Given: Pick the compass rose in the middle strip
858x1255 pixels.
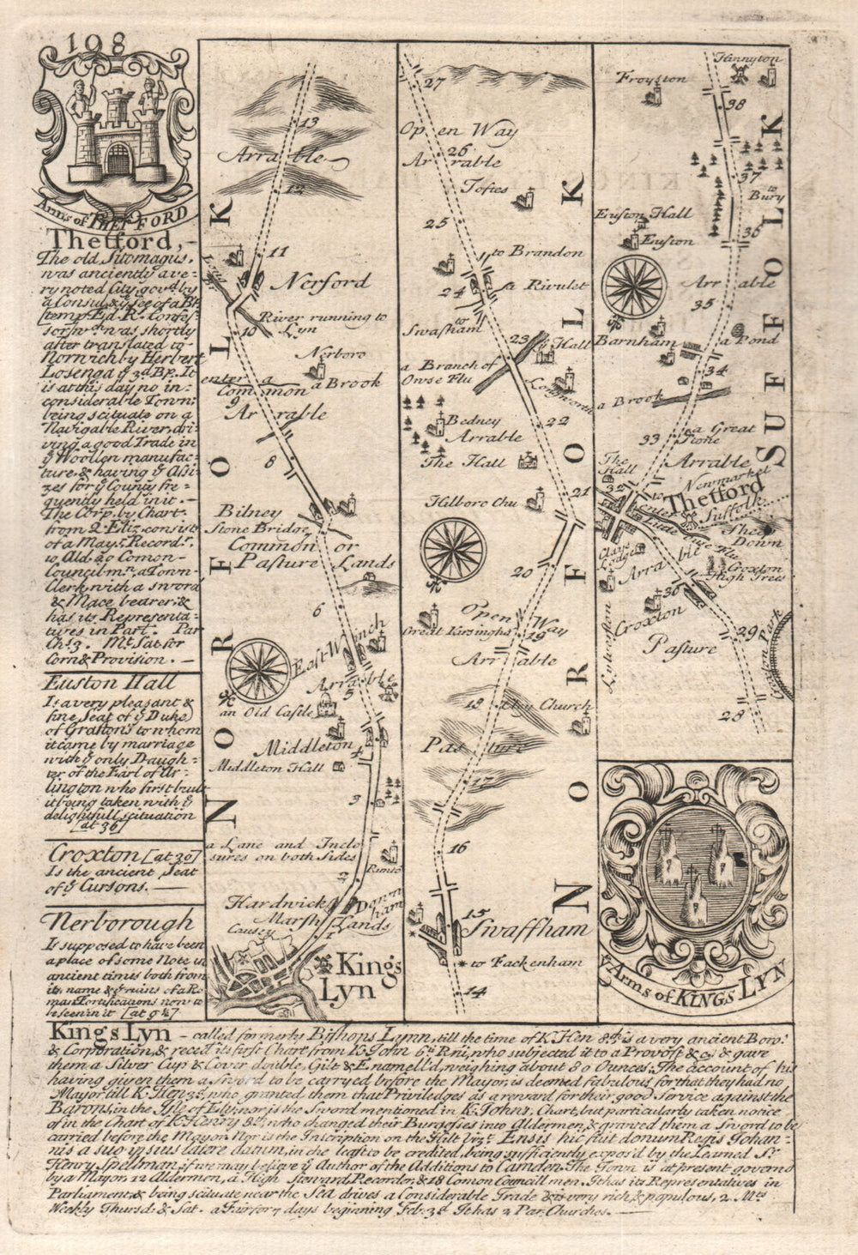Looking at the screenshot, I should (454, 548).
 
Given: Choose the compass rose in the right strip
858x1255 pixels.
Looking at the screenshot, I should (635, 285).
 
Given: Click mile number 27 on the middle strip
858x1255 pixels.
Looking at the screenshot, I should (431, 84).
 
